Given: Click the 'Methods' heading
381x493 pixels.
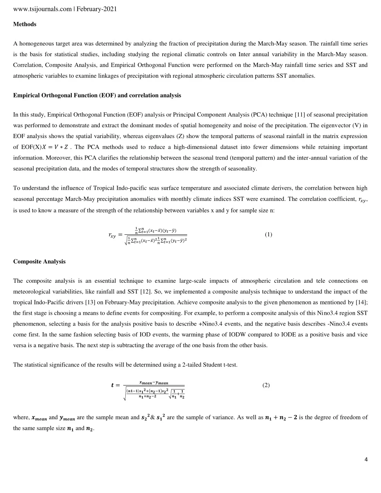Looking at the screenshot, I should pyautogui.click(x=25, y=24).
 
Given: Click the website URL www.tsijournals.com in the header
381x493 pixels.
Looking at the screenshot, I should pyautogui.click(x=42, y=9).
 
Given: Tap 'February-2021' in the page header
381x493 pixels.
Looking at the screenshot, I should pyautogui.click(x=97, y=9).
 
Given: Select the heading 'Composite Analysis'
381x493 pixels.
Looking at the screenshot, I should pyautogui.click(x=39, y=262).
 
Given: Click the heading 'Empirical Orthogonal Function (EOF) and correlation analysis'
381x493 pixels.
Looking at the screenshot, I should pyautogui.click(x=97, y=95).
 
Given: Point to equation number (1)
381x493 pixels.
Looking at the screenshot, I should pyautogui.click(x=268, y=234).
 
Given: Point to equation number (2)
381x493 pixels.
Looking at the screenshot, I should pyautogui.click(x=266, y=385).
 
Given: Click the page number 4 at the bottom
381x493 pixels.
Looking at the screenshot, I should pyautogui.click(x=366, y=460).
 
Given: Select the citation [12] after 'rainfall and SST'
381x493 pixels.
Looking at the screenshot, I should pyautogui.click(x=145, y=292).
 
